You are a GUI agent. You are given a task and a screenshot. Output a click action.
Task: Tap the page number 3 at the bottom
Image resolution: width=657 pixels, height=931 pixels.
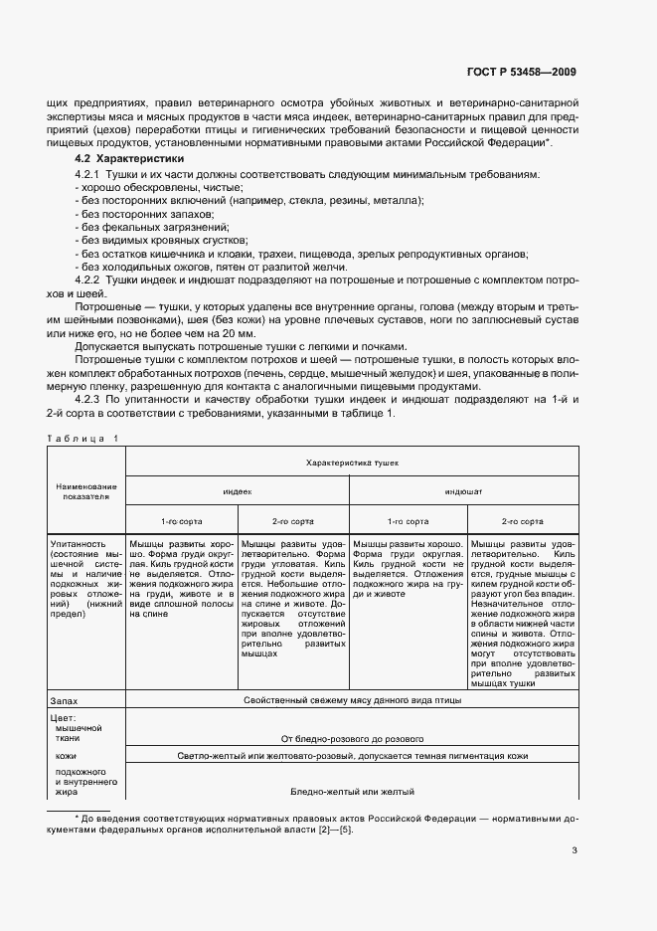pyautogui.click(x=575, y=849)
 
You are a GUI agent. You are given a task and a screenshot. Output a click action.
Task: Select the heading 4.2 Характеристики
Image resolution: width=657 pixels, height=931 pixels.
pyautogui.click(x=129, y=159)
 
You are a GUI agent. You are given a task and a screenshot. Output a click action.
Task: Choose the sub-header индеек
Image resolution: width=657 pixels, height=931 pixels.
pyautogui.click(x=237, y=490)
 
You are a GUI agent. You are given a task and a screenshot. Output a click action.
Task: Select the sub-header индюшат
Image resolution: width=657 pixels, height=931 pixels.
pyautogui.click(x=463, y=490)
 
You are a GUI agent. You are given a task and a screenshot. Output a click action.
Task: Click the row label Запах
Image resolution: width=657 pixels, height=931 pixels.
pyautogui.click(x=65, y=699)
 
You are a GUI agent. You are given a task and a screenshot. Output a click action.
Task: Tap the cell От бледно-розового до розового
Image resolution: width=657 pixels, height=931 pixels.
pyautogui.click(x=353, y=739)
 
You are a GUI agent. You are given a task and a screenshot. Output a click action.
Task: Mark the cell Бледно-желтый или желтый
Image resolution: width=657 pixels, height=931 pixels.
pyautogui.click(x=353, y=791)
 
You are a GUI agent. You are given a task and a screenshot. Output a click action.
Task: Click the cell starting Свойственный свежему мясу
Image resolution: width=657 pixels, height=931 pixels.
pyautogui.click(x=353, y=699)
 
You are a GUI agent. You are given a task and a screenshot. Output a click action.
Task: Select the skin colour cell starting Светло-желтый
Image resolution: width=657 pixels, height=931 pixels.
pyautogui.click(x=353, y=757)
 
